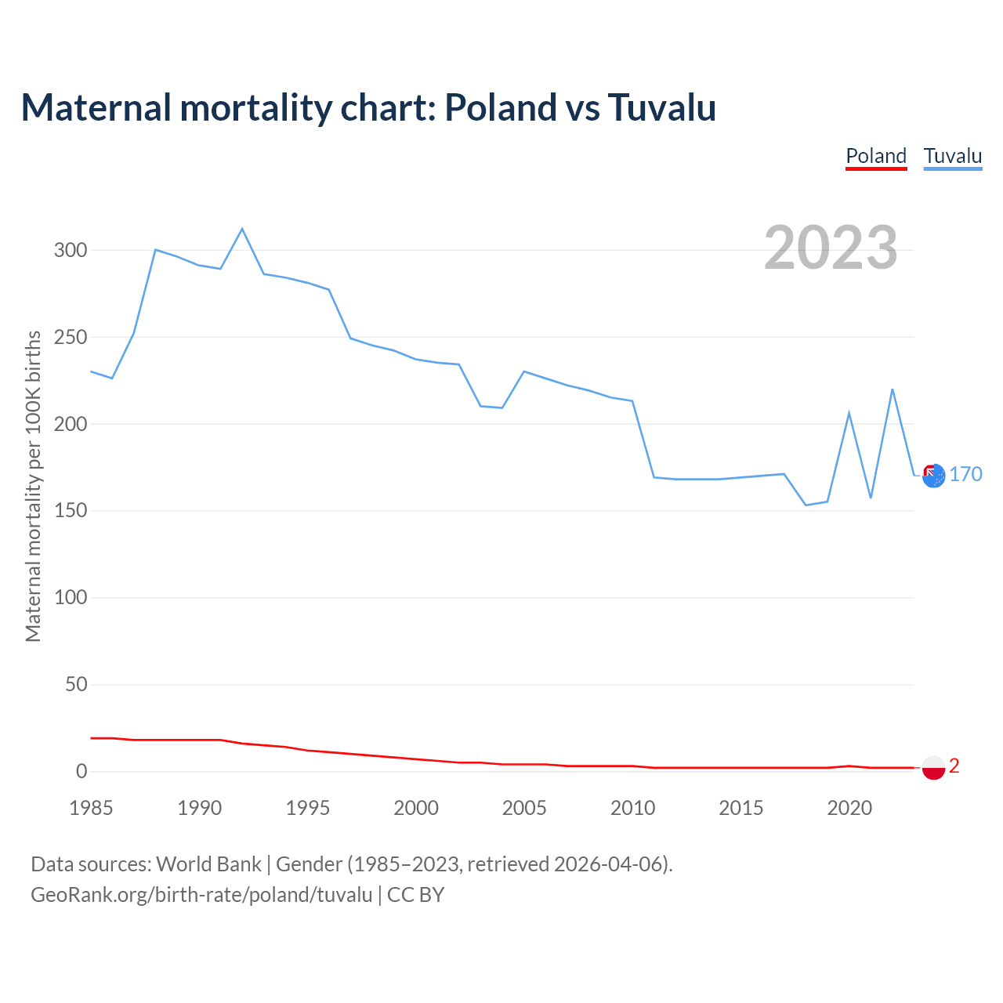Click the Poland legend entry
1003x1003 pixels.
pyautogui.click(x=876, y=156)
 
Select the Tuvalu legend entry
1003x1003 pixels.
pyautogui.click(x=953, y=156)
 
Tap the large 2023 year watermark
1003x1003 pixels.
pyautogui.click(x=831, y=247)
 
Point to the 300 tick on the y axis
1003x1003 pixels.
pyautogui.click(x=70, y=251)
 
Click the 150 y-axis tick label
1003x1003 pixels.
pyautogui.click(x=70, y=511)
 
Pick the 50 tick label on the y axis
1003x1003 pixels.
pyautogui.click(x=76, y=685)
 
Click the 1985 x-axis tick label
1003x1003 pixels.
pyautogui.click(x=91, y=808)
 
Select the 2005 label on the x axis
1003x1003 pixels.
pyautogui.click(x=524, y=808)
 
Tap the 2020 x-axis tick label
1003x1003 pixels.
pyautogui.click(x=849, y=808)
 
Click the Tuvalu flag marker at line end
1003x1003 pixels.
pyautogui.click(x=933, y=476)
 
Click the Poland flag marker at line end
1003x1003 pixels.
pyautogui.click(x=933, y=768)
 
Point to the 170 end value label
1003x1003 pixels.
pyautogui.click(x=965, y=475)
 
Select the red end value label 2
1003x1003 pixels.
pyautogui.click(x=954, y=766)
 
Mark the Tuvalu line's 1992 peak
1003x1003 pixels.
pyautogui.click(x=242, y=229)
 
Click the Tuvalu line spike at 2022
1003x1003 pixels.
pyautogui.click(x=893, y=389)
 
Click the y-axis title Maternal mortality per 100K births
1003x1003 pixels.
pyautogui.click(x=33, y=486)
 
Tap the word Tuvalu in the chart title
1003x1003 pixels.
pyautogui.click(x=662, y=107)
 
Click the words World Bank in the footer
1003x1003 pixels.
pyautogui.click(x=208, y=864)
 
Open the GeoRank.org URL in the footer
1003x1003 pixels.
pyautogui.click(x=201, y=895)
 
